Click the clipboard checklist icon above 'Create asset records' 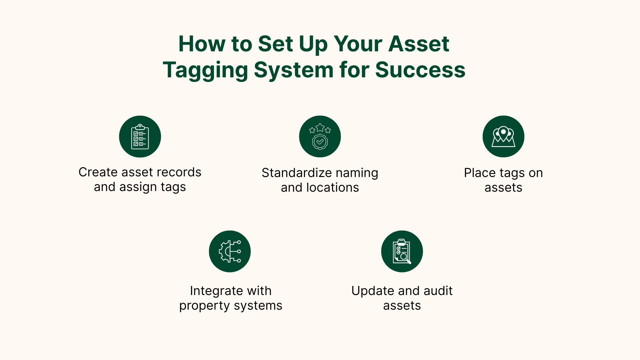(x=140, y=137)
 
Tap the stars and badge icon (x=320, y=137)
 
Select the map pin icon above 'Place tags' (x=503, y=137)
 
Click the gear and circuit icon (x=230, y=251)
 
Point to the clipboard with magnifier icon (x=402, y=251)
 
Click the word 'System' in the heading (x=293, y=70)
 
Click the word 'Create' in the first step (x=98, y=172)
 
